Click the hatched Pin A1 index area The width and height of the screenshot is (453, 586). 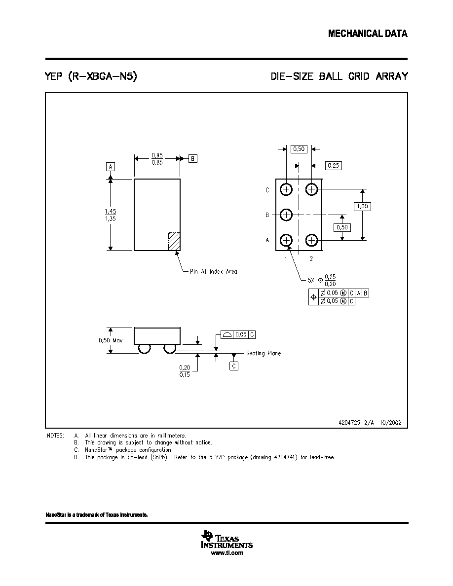click(174, 241)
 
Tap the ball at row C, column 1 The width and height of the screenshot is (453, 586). click(286, 189)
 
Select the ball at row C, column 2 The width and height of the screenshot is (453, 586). click(311, 189)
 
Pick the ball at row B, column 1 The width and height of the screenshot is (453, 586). click(286, 215)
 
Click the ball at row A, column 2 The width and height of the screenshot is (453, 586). click(311, 240)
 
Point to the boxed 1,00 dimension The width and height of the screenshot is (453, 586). click(362, 206)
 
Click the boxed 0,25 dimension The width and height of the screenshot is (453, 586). click(334, 166)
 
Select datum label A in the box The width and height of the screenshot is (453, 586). click(110, 167)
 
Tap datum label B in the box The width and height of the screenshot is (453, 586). click(192, 159)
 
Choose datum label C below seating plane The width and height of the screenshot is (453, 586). click(234, 366)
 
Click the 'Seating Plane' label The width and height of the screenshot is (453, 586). click(263, 353)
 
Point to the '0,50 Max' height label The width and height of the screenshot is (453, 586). click(110, 340)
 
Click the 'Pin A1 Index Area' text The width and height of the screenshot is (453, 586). click(213, 272)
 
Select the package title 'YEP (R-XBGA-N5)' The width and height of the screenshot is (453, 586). click(91, 76)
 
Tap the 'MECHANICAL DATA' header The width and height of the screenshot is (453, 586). click(368, 34)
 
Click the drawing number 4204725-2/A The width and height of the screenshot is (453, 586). click(356, 423)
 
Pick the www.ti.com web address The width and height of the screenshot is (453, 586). click(227, 553)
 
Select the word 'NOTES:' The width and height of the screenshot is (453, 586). click(55, 436)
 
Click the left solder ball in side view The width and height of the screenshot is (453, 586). click(144, 348)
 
